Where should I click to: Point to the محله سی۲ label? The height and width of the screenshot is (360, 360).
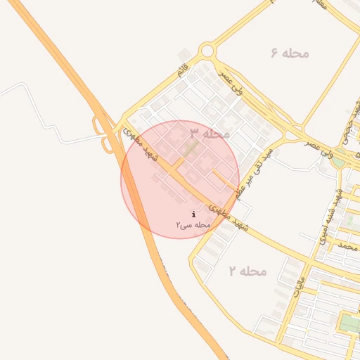tap(194, 224)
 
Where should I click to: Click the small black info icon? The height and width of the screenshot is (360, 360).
tap(193, 214)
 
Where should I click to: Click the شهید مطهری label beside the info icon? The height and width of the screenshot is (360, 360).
tap(229, 214)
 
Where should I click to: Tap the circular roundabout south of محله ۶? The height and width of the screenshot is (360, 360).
tap(207, 51)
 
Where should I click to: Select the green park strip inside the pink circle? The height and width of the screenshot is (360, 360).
tap(190, 148)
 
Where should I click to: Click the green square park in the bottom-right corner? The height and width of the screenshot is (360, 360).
tap(349, 324)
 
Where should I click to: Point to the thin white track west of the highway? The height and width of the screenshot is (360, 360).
tap(42, 105)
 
